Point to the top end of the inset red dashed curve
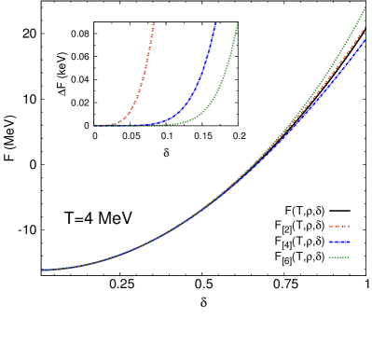(x=154, y=22)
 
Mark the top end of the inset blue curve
(x=215, y=23)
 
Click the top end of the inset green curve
(x=238, y=23)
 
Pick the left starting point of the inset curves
(x=94, y=125)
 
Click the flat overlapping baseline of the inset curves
(x=131, y=124)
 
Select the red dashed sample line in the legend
(x=338, y=226)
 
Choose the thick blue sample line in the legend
(x=338, y=242)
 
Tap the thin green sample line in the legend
(x=338, y=257)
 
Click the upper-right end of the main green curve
(x=365, y=8)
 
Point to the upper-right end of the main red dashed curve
(x=365, y=26)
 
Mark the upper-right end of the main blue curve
(x=365, y=40)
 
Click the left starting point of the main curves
(x=42, y=270)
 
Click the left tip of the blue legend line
(x=329, y=242)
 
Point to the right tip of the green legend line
(x=349, y=257)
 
